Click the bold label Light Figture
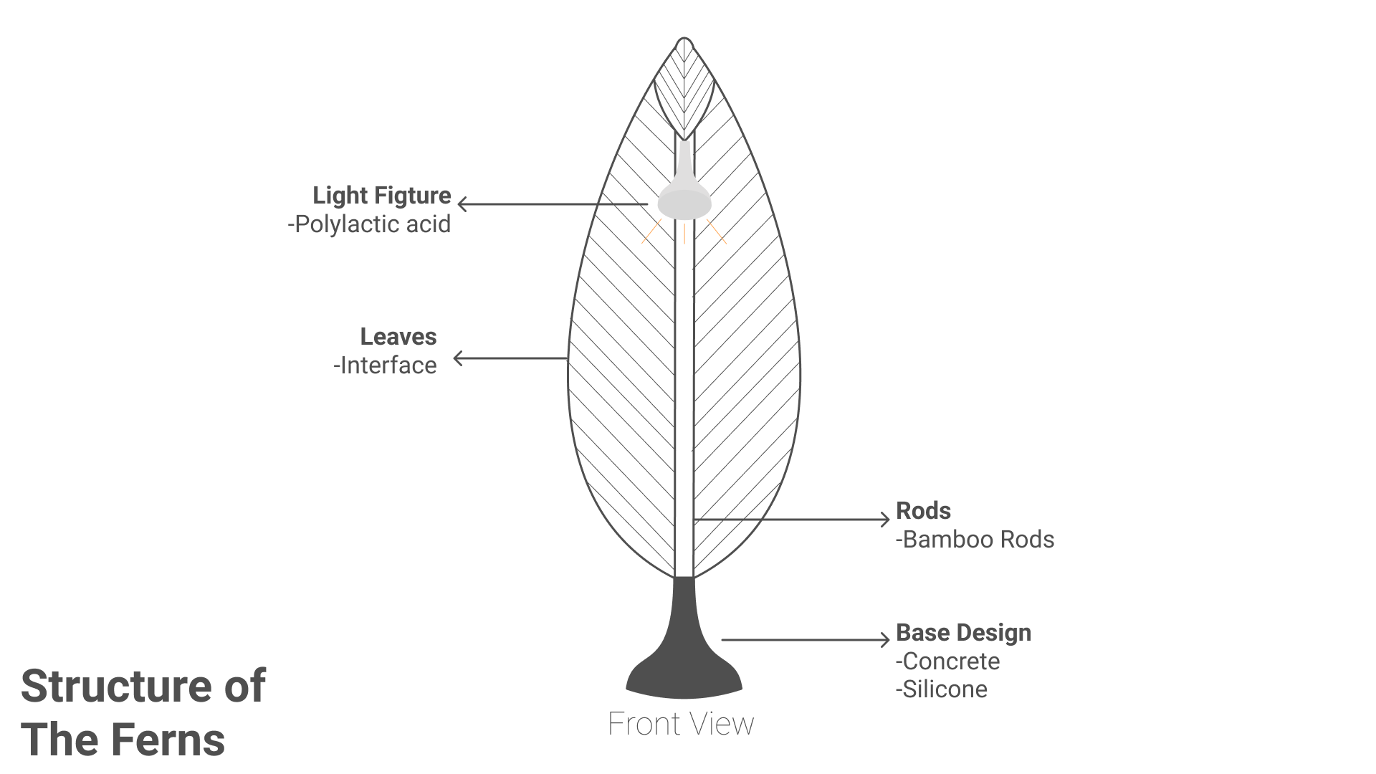tap(382, 196)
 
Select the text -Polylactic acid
tap(369, 224)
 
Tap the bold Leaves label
tap(398, 337)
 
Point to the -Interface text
tap(385, 365)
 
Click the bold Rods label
tap(924, 511)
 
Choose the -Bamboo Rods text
tap(975, 540)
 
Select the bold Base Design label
tap(964, 633)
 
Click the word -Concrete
tap(947, 661)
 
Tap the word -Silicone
tap(942, 689)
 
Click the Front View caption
tap(681, 724)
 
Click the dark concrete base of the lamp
tap(684, 656)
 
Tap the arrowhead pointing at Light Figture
tap(462, 204)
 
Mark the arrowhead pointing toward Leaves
tap(459, 358)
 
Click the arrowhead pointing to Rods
tap(885, 520)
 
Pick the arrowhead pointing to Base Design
tap(885, 639)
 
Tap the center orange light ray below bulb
tap(684, 234)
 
